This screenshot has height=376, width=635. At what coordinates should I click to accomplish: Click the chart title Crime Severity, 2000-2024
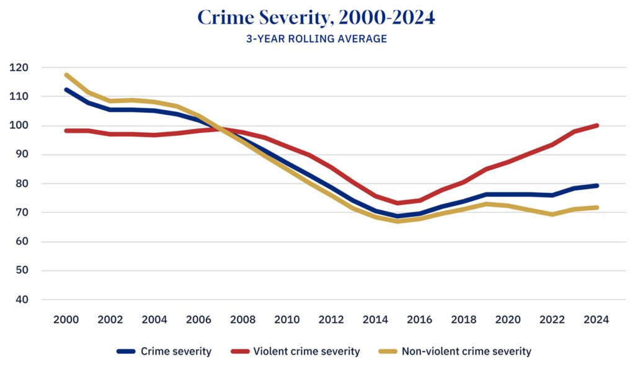[316, 17]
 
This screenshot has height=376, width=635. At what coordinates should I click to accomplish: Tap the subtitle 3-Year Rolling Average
[316, 38]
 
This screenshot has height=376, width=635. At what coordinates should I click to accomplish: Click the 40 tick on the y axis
[23, 300]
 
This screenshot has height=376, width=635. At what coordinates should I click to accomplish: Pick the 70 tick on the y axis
[23, 212]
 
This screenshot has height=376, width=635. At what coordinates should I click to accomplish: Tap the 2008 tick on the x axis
[243, 320]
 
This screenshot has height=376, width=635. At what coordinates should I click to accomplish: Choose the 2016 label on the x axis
[420, 320]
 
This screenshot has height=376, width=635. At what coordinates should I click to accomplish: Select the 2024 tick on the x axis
[597, 320]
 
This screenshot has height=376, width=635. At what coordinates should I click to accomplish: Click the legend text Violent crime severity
[306, 351]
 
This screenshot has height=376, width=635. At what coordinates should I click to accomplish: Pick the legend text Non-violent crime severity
[466, 351]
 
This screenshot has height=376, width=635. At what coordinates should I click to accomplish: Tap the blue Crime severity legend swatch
[126, 351]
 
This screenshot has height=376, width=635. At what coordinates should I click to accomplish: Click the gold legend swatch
[388, 351]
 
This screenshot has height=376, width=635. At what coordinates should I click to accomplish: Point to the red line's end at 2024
[597, 125]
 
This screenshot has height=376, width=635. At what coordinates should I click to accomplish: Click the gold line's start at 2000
[66, 75]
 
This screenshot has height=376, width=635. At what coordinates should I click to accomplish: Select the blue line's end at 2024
[597, 186]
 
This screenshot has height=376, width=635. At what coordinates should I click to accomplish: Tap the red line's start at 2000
[66, 130]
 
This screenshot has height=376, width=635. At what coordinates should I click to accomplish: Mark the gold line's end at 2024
[597, 207]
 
